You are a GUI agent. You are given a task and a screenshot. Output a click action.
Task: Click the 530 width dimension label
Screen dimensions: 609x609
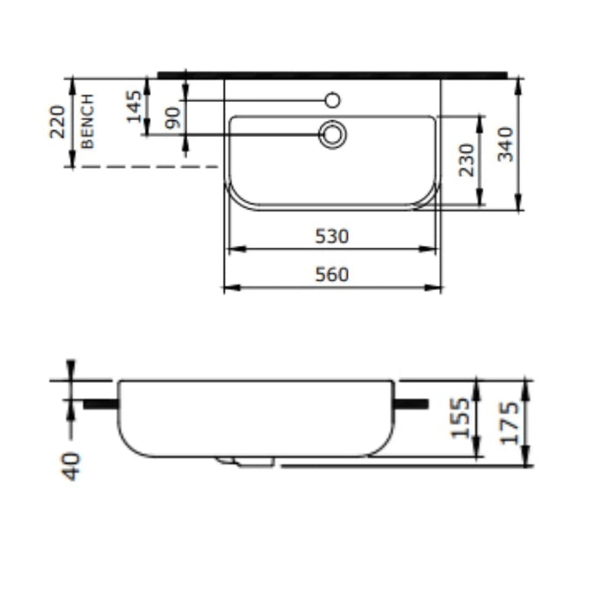331,236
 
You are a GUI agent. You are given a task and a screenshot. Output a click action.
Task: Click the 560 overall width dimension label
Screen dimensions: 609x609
331,275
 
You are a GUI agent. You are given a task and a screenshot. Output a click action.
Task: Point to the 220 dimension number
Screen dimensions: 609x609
57,123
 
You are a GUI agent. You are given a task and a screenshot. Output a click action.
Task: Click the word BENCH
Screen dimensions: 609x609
88,122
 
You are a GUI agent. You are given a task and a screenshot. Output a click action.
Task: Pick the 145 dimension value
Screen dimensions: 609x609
134,106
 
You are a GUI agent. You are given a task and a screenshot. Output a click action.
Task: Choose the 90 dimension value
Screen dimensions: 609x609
173,117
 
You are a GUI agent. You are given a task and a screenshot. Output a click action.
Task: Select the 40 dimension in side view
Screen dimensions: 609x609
70,465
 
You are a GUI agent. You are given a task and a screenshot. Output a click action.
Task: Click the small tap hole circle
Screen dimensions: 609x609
332,100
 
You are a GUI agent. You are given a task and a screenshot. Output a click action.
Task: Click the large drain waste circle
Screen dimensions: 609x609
332,134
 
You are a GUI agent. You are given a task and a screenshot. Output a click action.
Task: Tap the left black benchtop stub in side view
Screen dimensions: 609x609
100,404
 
